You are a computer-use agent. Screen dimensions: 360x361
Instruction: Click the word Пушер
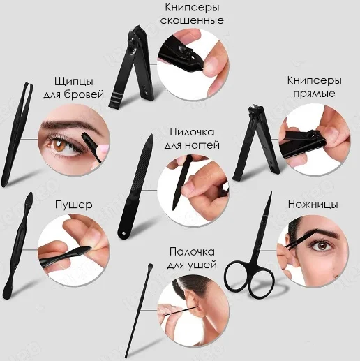[x=74, y=205]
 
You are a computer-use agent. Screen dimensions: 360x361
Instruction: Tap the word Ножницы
[x=313, y=205]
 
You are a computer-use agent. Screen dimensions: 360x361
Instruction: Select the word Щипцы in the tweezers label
[x=74, y=82]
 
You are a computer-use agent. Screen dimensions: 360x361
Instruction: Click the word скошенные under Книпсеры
[x=192, y=20]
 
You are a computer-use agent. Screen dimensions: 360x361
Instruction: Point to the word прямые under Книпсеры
[x=314, y=94]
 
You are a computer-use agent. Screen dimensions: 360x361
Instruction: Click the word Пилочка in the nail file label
[x=192, y=132]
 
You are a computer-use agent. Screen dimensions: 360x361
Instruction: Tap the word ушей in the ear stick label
[x=204, y=265]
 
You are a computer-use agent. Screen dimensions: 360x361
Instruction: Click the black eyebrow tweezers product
[x=17, y=134]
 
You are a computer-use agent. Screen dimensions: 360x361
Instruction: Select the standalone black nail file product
[x=135, y=187]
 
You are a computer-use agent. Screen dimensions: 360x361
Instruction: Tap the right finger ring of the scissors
[x=261, y=283]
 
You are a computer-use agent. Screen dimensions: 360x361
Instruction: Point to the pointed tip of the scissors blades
[x=271, y=192]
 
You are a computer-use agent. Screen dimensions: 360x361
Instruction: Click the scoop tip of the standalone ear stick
[x=150, y=266]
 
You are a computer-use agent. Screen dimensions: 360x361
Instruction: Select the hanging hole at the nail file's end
[x=123, y=233]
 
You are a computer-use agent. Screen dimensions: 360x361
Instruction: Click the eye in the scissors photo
[x=322, y=246]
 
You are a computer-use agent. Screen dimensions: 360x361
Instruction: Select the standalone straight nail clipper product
[x=256, y=142]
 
